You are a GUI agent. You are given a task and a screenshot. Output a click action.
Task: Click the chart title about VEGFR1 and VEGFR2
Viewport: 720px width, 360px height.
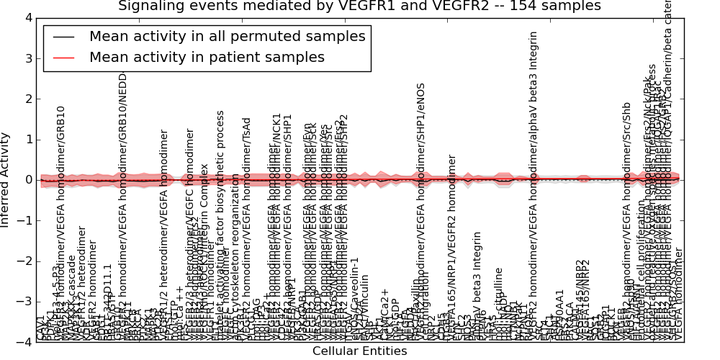(x=359, y=6)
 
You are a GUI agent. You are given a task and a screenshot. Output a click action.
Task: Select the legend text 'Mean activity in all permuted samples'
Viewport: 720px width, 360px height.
(x=227, y=36)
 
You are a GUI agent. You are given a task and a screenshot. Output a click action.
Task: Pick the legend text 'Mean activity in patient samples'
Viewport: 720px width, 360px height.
(x=207, y=57)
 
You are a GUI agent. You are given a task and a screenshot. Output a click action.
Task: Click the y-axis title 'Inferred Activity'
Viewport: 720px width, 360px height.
(x=6, y=180)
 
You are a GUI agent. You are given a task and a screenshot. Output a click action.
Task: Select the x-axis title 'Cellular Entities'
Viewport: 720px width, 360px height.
(x=359, y=351)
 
